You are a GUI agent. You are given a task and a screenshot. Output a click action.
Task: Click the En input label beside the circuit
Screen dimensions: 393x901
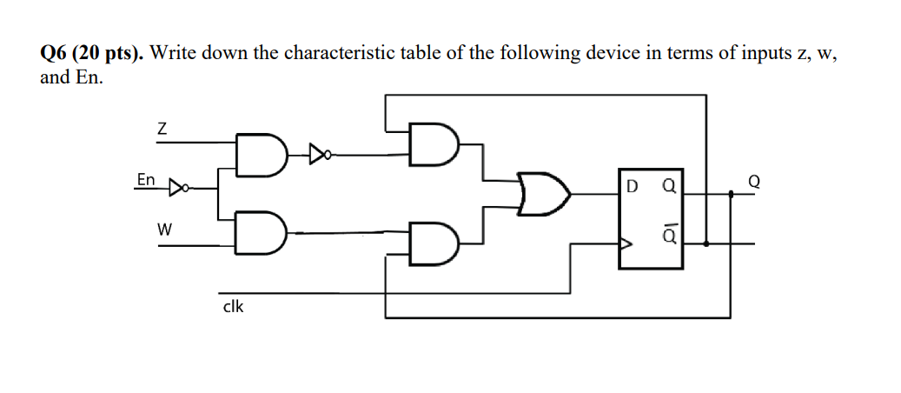pyautogui.click(x=146, y=180)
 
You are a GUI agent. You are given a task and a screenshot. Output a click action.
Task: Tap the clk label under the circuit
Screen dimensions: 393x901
pyautogui.click(x=233, y=306)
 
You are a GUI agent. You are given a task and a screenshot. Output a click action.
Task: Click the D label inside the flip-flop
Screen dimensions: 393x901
pyautogui.click(x=630, y=185)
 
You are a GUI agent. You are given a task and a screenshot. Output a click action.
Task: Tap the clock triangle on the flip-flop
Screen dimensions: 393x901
pyautogui.click(x=623, y=244)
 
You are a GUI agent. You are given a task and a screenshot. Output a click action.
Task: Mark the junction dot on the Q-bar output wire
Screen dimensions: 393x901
pyautogui.click(x=706, y=244)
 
